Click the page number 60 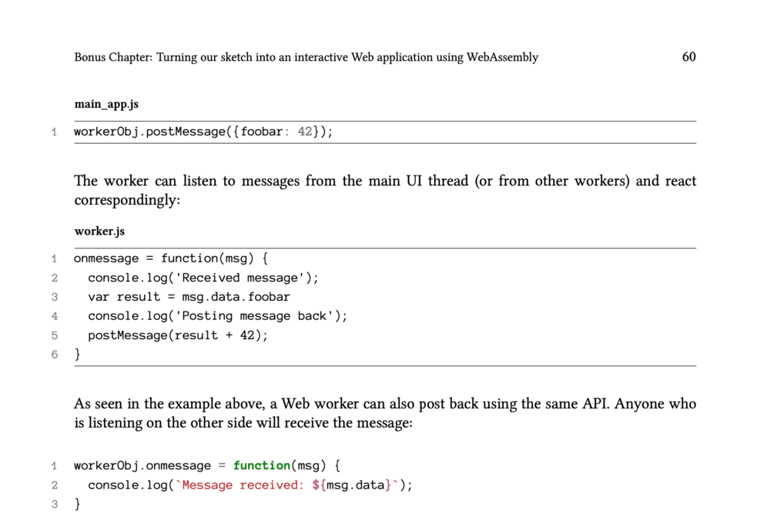click(689, 57)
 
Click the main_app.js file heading click(106, 104)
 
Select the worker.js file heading click(99, 231)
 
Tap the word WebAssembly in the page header click(502, 57)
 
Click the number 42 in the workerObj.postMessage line click(305, 132)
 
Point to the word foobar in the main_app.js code click(262, 132)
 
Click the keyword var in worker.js click(99, 297)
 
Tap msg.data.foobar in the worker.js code click(236, 297)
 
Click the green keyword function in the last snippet click(262, 465)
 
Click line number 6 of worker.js click(55, 355)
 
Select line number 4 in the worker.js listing click(55, 316)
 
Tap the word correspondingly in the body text click(126, 200)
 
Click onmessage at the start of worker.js click(106, 258)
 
